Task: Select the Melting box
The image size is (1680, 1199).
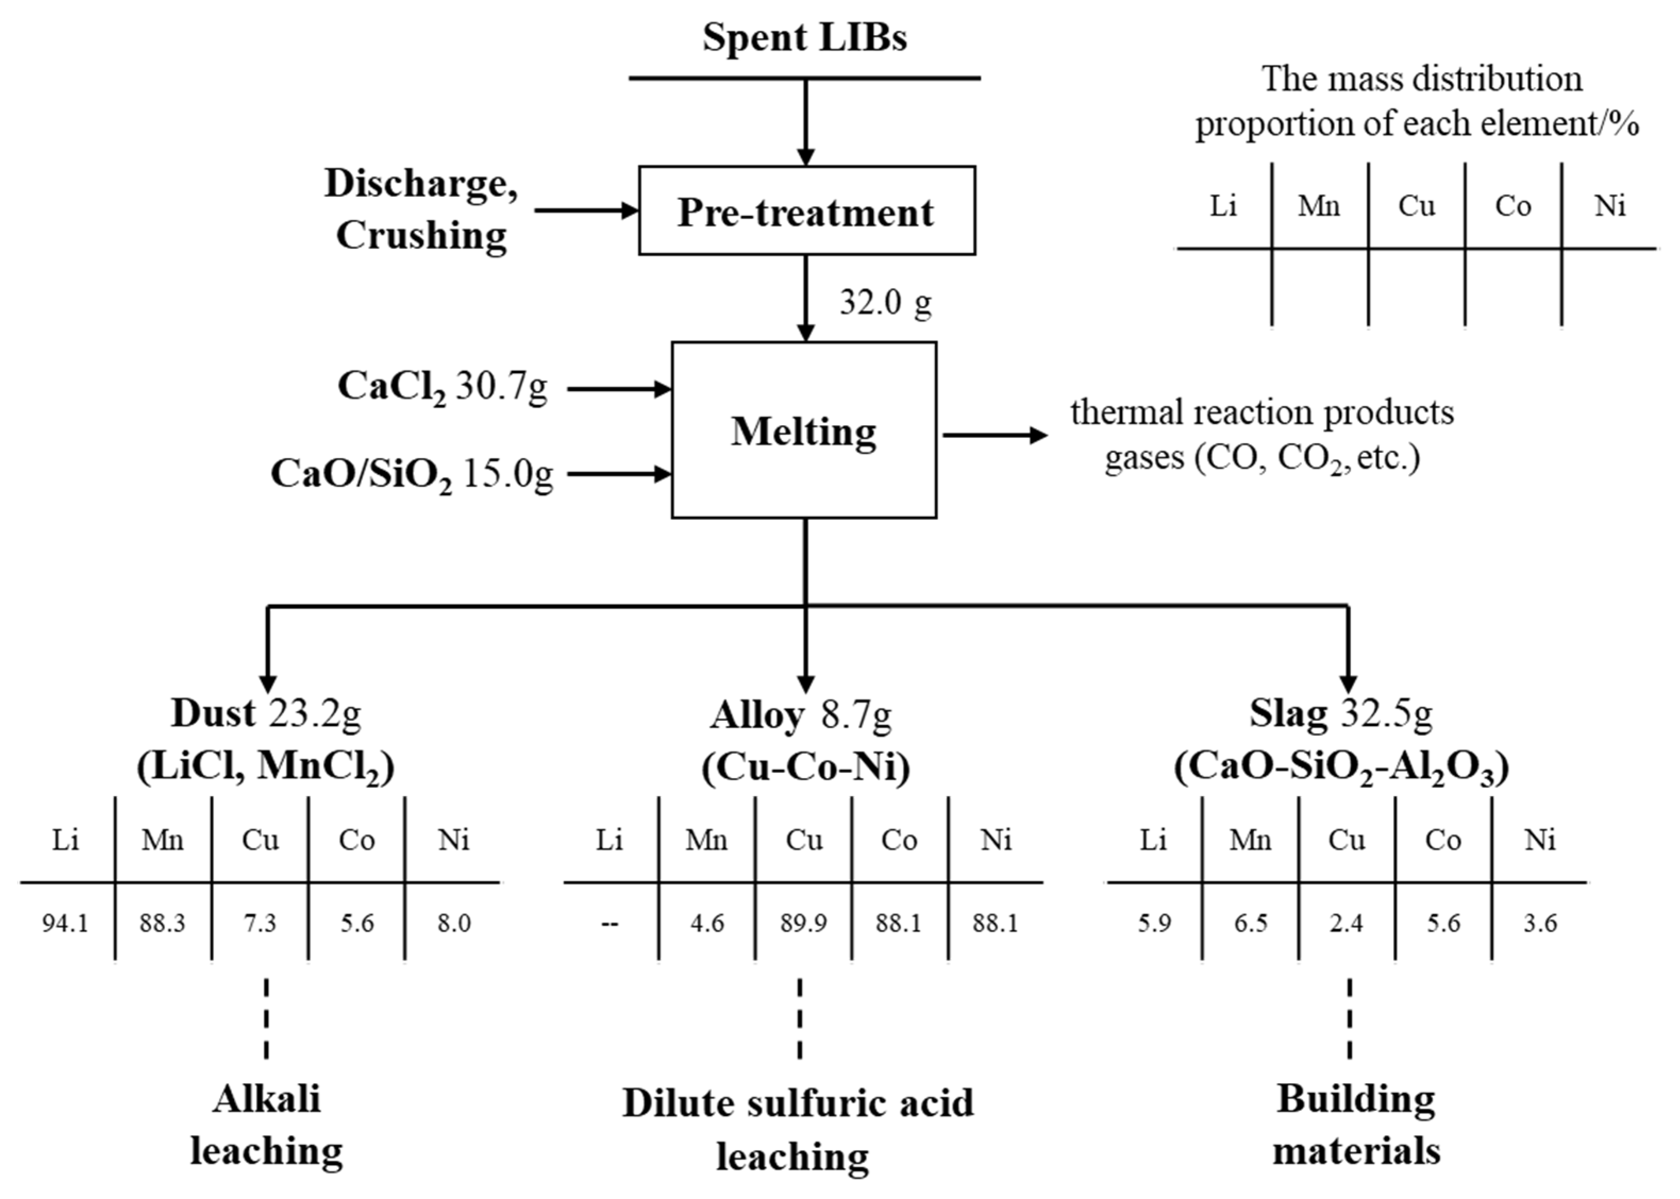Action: (803, 430)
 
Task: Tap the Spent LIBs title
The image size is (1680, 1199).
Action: (804, 37)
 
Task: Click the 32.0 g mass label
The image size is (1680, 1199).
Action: (885, 301)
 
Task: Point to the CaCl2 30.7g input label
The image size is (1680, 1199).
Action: (442, 387)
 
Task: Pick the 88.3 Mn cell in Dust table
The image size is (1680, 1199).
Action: (163, 923)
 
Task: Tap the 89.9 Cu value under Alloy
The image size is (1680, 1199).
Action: (803, 923)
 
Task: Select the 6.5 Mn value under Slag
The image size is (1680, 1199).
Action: (1250, 923)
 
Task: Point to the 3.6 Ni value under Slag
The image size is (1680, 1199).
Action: (1540, 923)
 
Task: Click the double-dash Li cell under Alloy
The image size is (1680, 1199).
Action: (609, 923)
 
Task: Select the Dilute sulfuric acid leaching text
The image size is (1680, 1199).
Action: (797, 1129)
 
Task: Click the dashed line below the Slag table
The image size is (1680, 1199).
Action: (1349, 1018)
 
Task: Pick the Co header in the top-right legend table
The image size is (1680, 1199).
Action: (1513, 206)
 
